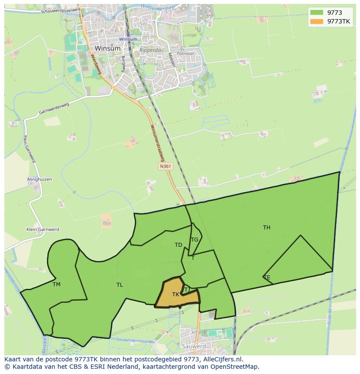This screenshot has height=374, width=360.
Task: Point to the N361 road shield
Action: [165, 166]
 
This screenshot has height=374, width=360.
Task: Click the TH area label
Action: [267, 227]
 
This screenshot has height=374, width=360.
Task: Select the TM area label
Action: [57, 285]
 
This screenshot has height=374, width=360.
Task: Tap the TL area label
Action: [120, 285]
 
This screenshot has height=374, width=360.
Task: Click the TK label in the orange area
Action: [176, 295]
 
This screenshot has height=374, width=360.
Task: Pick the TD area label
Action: [178, 245]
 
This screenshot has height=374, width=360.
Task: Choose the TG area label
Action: [194, 239]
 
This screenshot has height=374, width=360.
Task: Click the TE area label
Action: [267, 278]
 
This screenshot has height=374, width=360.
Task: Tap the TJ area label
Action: [187, 289]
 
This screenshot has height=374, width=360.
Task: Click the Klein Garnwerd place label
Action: [43, 229]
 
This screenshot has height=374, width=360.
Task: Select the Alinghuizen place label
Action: [40, 179]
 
